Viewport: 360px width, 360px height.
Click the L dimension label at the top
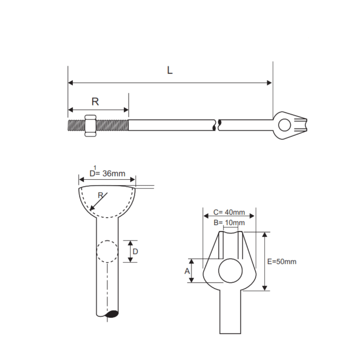tap(170, 70)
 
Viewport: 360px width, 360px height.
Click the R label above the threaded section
tap(95, 102)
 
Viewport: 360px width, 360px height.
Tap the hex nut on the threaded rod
tap(90, 126)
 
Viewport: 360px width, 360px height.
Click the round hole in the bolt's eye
tap(284, 125)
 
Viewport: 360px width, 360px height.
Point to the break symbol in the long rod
tap(217, 125)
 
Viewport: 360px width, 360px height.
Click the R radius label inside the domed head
tap(100, 196)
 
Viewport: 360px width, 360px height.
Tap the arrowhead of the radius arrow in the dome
tap(91, 209)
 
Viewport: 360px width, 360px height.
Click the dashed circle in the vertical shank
tap(107, 251)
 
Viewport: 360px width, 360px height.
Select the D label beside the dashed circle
tap(135, 252)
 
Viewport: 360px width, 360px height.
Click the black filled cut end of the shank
tap(112, 314)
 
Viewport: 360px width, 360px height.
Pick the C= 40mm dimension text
tap(229, 212)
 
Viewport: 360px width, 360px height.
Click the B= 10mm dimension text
tap(229, 222)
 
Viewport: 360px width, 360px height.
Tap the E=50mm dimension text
tap(282, 262)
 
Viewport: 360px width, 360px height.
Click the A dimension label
tap(187, 271)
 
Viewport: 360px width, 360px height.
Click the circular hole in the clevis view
tap(230, 270)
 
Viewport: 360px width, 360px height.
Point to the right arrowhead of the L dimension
tap(269, 83)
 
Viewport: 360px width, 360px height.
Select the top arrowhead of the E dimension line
tap(265, 235)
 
